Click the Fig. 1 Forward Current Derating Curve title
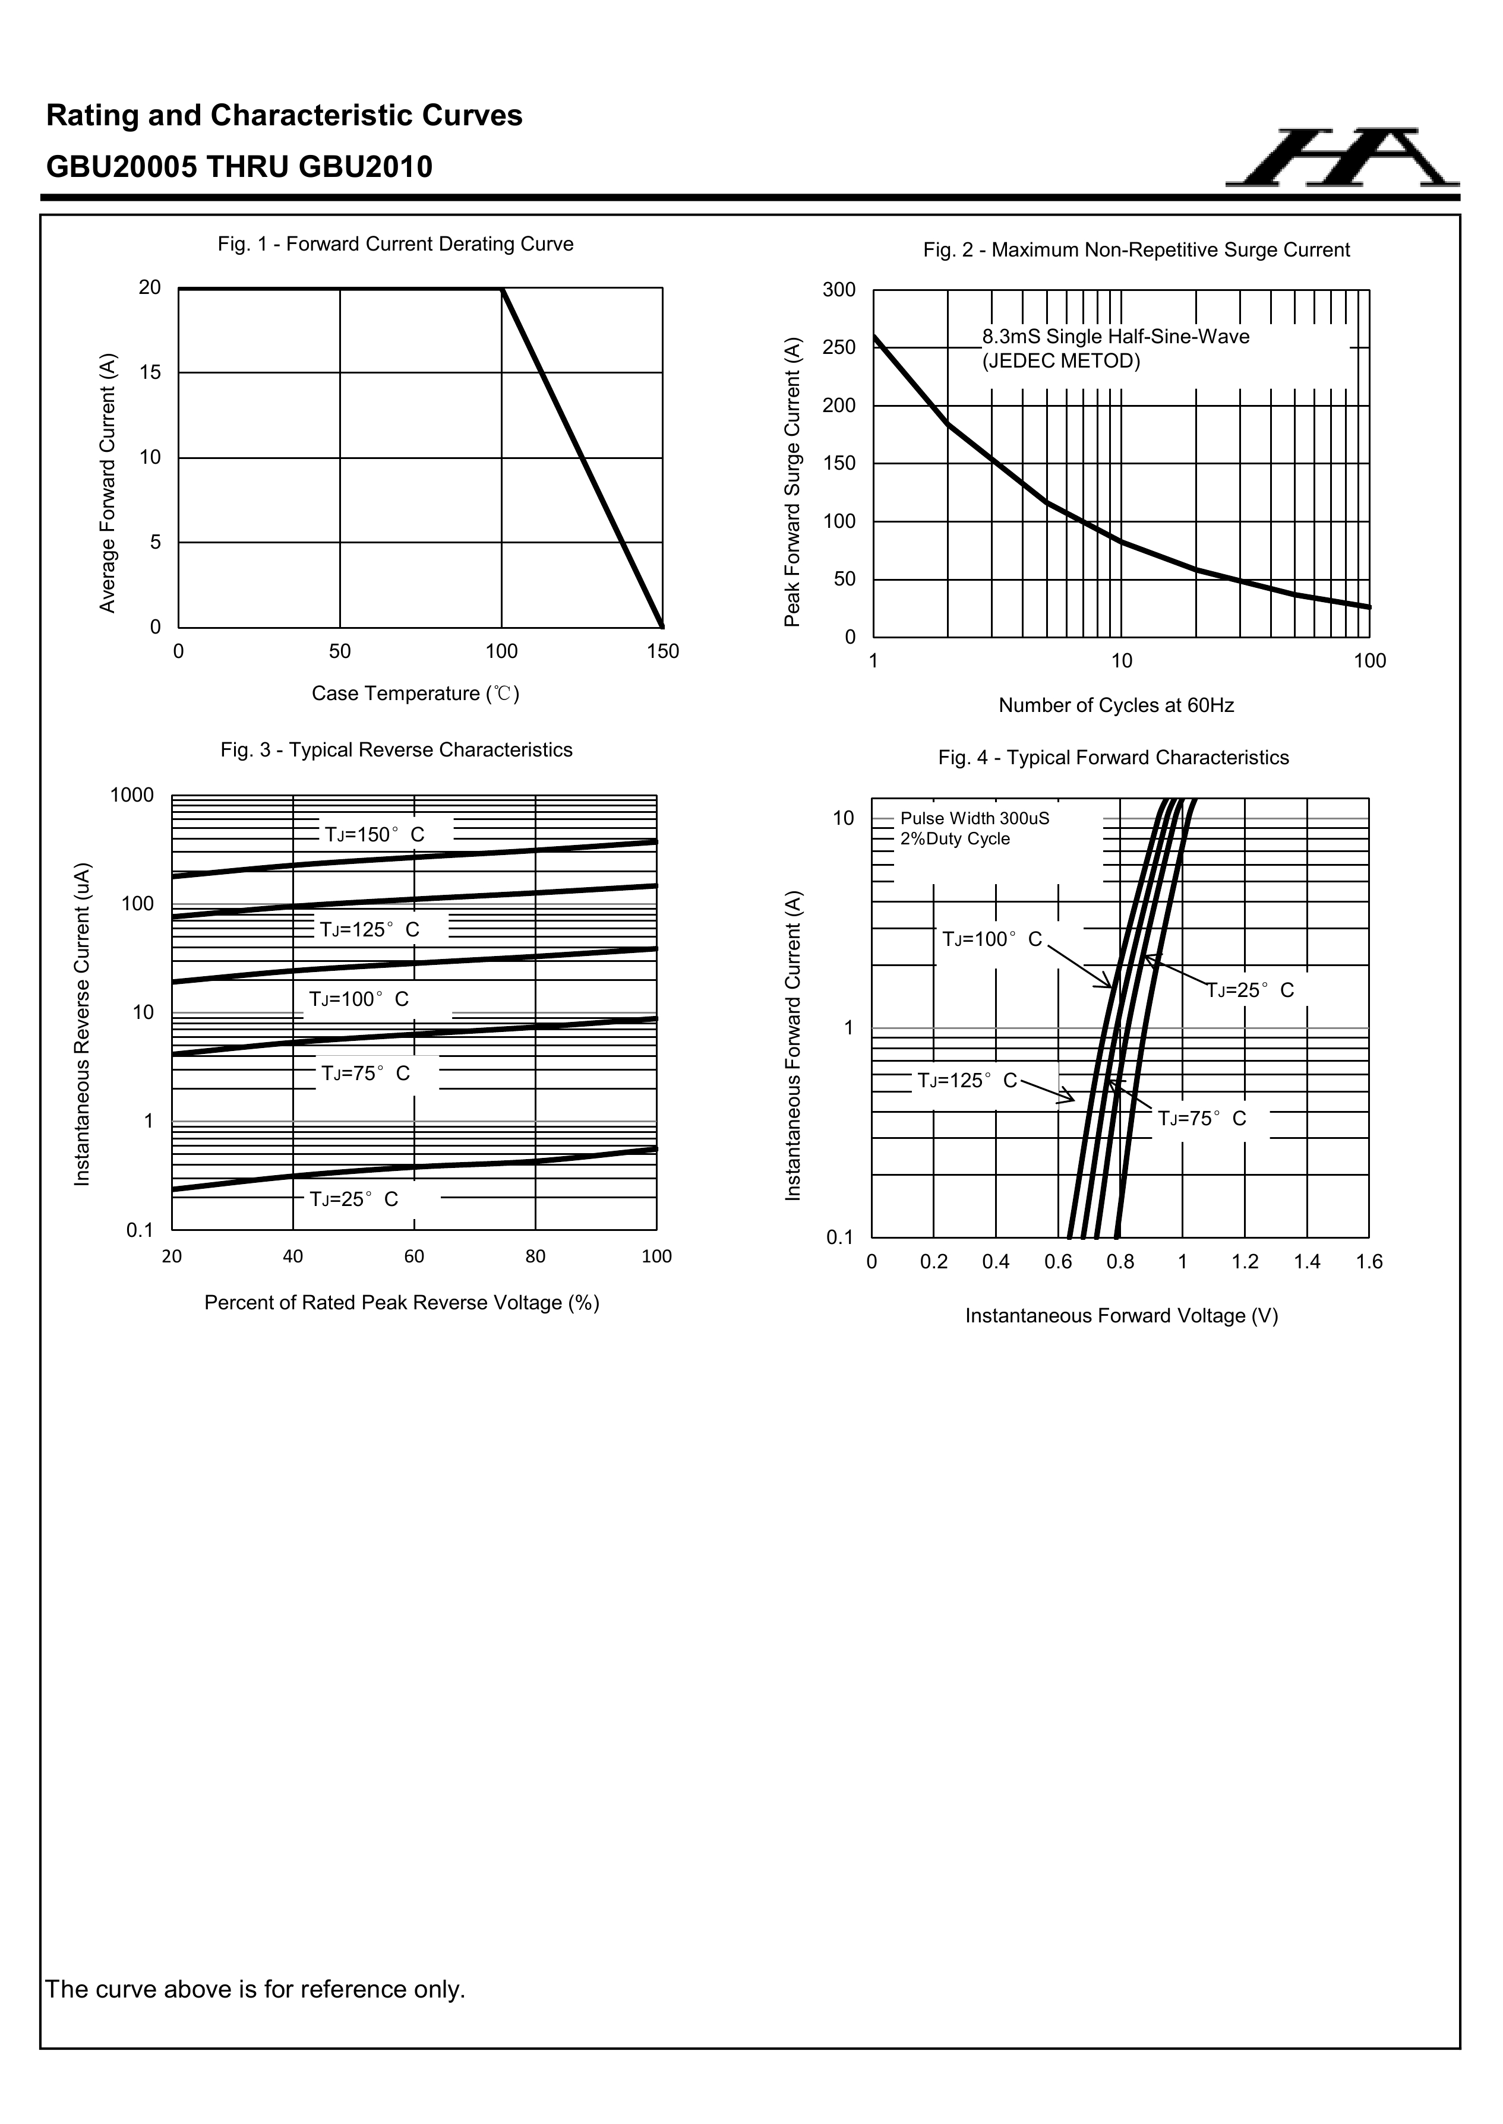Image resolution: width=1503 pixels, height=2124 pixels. [395, 244]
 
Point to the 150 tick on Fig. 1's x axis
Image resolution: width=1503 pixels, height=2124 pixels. [662, 651]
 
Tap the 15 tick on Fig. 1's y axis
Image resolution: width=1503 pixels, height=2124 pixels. [150, 373]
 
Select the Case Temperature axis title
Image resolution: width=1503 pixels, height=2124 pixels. [415, 694]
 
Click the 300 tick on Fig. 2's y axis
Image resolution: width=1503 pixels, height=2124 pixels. [838, 290]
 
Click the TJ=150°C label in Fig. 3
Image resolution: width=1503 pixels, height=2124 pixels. [374, 834]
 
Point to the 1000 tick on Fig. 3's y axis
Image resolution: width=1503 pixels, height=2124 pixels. [132, 796]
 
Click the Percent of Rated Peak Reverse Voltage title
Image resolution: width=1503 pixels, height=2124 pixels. [402, 1303]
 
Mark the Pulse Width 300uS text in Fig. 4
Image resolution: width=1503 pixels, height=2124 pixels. [974, 819]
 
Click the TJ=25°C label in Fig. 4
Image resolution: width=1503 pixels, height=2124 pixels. [1251, 991]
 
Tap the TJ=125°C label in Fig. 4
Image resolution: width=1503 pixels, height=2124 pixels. [967, 1081]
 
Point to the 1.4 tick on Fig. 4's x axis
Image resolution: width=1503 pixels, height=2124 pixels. [1307, 1262]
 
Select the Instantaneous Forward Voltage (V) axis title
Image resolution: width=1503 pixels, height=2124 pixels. [1122, 1316]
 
